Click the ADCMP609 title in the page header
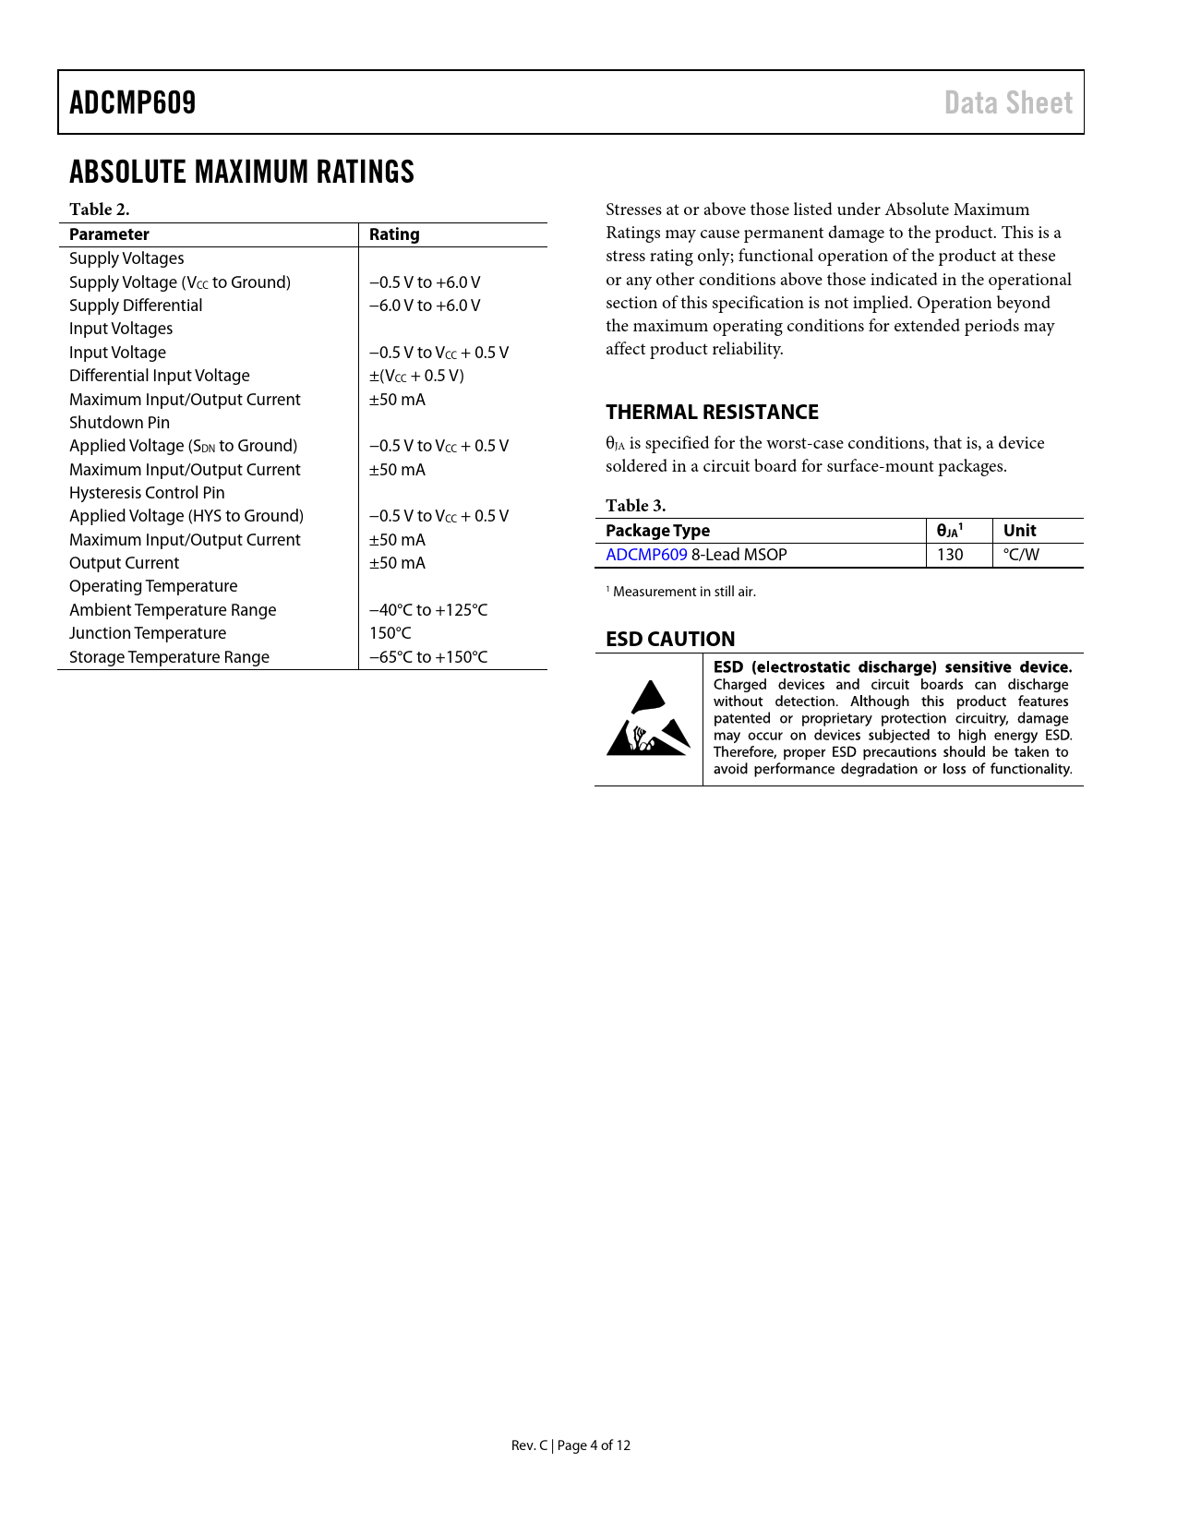pos(133,102)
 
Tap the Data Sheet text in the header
pos(1008,102)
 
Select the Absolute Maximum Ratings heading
pos(242,172)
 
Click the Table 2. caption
pos(99,210)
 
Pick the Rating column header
pos(394,234)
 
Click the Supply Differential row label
pos(136,306)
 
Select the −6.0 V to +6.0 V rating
pos(425,306)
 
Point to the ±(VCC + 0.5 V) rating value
pos(416,376)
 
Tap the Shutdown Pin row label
pos(119,423)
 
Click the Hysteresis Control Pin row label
pos(147,493)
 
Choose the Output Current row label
pos(124,563)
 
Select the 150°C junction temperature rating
pos(390,633)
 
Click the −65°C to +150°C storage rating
pos(428,657)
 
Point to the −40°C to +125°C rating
pos(428,610)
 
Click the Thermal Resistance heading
pos(712,412)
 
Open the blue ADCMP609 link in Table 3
pos(646,555)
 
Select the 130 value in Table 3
pos(950,555)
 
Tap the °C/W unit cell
pos(1021,555)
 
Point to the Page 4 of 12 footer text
pos(594,1445)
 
